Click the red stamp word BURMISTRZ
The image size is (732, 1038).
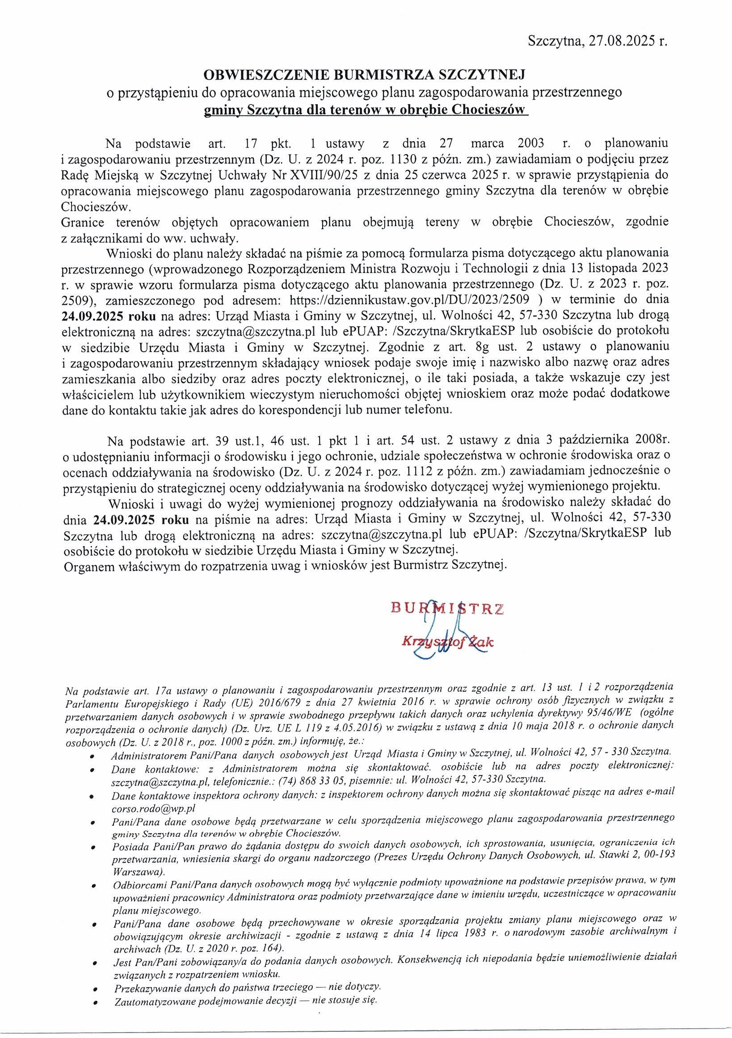tap(448, 609)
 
